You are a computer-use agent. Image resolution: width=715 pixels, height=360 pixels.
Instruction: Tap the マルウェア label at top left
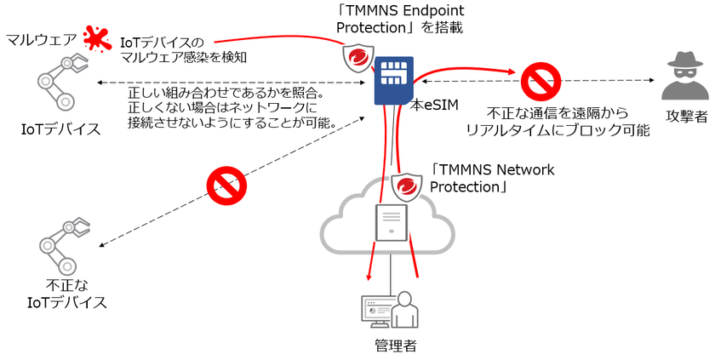click(x=41, y=39)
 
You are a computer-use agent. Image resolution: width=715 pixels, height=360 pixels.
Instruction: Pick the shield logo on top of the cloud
click(x=408, y=186)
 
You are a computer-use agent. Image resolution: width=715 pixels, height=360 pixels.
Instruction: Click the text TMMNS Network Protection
click(x=493, y=178)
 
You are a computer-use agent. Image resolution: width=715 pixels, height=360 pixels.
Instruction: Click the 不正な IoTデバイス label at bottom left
click(x=67, y=294)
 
